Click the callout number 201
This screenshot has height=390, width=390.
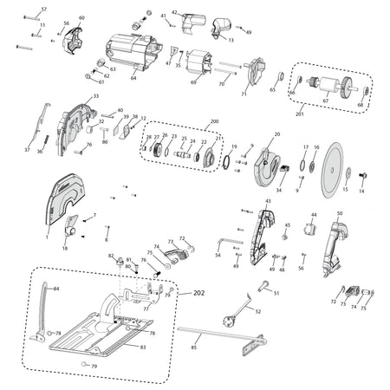coord(301,114)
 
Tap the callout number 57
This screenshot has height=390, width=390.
coord(44,9)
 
